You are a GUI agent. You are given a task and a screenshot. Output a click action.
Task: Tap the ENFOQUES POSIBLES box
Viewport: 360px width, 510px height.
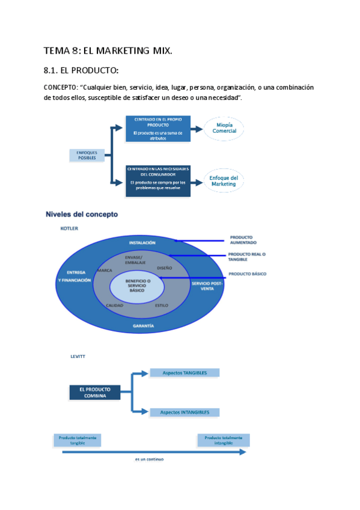click(x=87, y=155)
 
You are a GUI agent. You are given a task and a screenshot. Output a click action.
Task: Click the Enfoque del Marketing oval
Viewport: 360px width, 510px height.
click(x=224, y=180)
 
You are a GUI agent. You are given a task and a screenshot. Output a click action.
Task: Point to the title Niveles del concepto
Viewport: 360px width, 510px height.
click(x=82, y=214)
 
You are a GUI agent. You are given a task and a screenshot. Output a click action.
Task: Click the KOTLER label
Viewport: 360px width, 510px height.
click(x=69, y=229)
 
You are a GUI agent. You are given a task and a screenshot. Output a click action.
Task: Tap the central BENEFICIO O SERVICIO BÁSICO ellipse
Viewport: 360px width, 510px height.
click(x=137, y=286)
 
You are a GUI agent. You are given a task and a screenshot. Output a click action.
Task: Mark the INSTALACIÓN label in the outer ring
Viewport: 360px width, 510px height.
click(x=142, y=242)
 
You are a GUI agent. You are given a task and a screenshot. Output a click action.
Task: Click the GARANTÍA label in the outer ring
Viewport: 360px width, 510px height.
click(x=143, y=325)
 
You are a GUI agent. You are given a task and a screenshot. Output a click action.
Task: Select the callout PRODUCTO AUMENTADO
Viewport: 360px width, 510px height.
click(x=243, y=239)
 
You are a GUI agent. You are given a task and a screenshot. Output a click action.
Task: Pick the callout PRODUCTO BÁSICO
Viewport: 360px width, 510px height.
click(x=247, y=274)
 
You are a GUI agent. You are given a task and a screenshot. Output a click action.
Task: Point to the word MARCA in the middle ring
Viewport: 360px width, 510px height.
click(x=105, y=271)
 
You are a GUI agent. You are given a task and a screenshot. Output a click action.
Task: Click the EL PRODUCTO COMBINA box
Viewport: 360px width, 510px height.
click(x=94, y=392)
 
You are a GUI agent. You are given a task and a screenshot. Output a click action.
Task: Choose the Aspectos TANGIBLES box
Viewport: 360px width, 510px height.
click(x=184, y=373)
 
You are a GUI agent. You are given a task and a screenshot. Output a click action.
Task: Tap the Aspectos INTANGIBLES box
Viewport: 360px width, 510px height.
click(x=184, y=412)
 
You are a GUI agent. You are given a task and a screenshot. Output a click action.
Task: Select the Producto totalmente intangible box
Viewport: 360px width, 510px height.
click(x=223, y=440)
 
